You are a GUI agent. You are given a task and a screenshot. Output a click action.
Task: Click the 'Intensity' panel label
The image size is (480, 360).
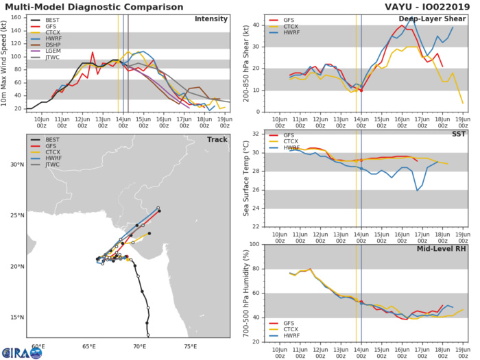coord(211,19)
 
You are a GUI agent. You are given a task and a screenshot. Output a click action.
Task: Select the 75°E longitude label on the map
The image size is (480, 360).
coord(191,346)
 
